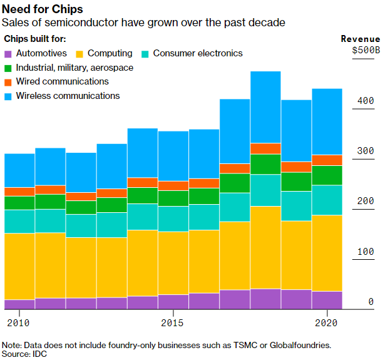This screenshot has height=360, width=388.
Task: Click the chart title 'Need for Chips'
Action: [x=43, y=9]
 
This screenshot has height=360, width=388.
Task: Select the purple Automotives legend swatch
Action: [x=8, y=54]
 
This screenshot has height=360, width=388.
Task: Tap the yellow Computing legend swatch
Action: [x=79, y=54]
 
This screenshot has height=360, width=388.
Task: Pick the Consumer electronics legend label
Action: [x=198, y=54]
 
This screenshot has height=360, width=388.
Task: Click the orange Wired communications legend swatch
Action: [x=8, y=82]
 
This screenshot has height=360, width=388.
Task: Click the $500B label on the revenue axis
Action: [x=365, y=51]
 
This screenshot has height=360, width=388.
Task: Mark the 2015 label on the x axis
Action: [x=172, y=323]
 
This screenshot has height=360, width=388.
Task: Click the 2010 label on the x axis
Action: [x=19, y=323]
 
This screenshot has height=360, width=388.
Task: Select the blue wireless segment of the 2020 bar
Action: [x=327, y=121]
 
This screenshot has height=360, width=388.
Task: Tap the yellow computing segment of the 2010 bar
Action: [x=19, y=266]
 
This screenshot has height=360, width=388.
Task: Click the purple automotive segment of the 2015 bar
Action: [x=172, y=302]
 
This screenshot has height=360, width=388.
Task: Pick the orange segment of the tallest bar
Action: [x=265, y=148]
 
